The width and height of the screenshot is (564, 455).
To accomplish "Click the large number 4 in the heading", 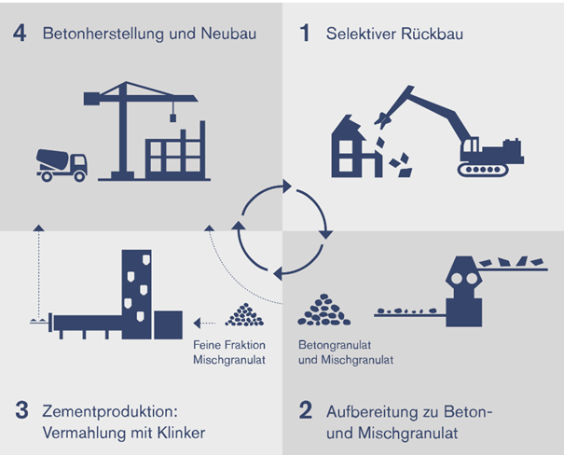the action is tap(20, 34).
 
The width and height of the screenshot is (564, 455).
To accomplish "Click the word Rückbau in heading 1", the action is tap(432, 34).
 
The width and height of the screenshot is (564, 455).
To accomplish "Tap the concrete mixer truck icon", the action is tap(62, 165).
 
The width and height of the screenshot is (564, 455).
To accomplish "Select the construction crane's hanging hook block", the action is tap(173, 117).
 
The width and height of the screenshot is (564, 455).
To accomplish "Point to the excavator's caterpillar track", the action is tap(483, 170).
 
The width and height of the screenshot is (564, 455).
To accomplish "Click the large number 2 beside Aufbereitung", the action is tap(306, 410).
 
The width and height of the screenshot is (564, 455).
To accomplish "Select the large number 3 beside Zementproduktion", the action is tap(22, 410).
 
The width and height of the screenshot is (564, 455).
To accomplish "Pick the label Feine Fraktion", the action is tap(229, 345).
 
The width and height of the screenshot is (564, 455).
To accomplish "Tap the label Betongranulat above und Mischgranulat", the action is tap(335, 345).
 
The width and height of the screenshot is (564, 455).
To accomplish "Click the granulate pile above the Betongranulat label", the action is tap(323, 310).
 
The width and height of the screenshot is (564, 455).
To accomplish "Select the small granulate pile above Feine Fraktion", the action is tap(244, 315).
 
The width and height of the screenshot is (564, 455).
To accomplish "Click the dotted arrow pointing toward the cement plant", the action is tap(204, 323).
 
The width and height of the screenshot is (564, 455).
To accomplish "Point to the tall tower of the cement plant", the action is tap(136, 295).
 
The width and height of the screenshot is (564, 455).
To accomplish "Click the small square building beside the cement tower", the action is tap(168, 325).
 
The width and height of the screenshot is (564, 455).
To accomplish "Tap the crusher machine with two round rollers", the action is tap(463, 291).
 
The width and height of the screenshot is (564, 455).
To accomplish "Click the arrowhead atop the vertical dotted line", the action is tap(38, 227).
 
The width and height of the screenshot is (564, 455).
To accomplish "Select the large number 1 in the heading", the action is tap(305, 34).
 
